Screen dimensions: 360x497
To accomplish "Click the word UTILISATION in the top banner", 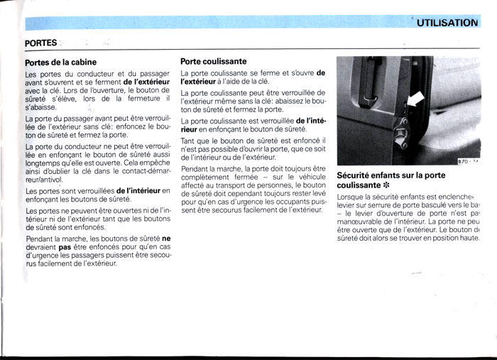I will click(x=447, y=23).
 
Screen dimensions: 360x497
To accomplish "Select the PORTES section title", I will click(x=40, y=43).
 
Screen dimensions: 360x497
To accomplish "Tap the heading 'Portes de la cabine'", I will click(x=60, y=62).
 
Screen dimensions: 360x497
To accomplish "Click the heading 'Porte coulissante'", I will click(x=214, y=62).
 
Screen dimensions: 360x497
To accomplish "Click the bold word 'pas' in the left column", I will click(x=65, y=247).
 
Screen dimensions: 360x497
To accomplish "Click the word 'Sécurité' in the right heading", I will click(x=358, y=175).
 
